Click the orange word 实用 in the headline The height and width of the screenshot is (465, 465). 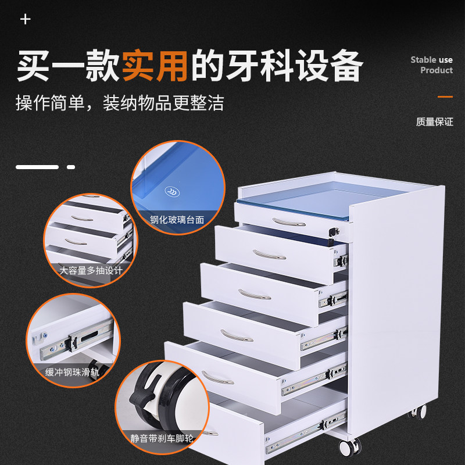click(155, 66)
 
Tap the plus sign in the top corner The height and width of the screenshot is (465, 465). click(26, 20)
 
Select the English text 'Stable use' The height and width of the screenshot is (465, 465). click(431, 60)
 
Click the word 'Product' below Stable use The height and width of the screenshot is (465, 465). click(437, 70)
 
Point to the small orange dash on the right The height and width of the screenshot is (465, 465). click(445, 96)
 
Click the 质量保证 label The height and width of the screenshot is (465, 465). click(434, 121)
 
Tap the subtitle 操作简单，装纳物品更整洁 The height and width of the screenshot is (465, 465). click(120, 103)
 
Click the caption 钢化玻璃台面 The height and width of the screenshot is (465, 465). click(177, 220)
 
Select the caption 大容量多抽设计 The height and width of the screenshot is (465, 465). click(91, 270)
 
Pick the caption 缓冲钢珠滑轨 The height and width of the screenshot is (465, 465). click(72, 372)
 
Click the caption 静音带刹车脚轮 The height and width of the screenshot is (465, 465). click(162, 438)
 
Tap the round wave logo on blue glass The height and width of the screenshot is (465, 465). click(172, 192)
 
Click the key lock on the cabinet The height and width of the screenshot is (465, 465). click(334, 231)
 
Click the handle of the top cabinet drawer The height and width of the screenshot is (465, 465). click(288, 223)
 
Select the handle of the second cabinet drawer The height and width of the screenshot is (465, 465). click(269, 255)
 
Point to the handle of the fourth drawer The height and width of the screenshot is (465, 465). click(237, 336)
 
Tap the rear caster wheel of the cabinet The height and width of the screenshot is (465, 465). click(417, 412)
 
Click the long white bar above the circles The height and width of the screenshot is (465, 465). click(37, 167)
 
